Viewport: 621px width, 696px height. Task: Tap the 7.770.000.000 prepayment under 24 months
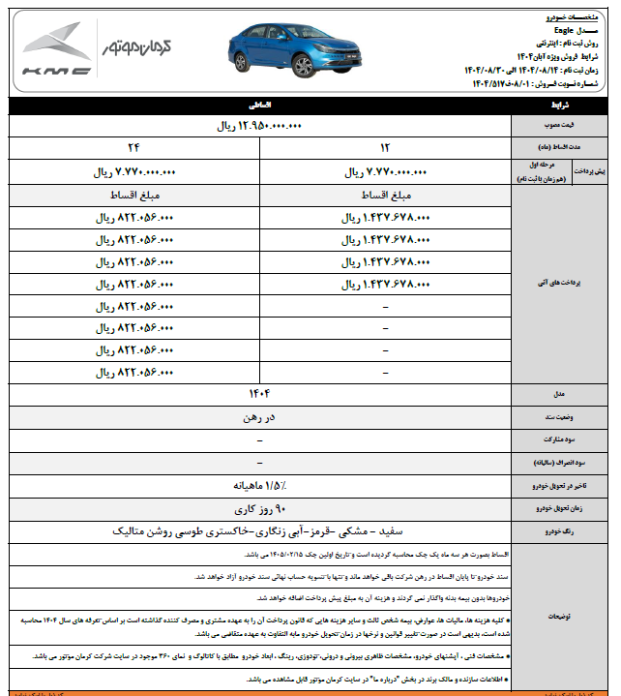click(132, 173)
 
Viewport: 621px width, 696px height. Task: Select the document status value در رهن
click(260, 418)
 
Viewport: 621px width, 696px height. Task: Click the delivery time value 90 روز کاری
click(260, 508)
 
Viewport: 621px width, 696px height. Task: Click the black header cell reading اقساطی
click(260, 103)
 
